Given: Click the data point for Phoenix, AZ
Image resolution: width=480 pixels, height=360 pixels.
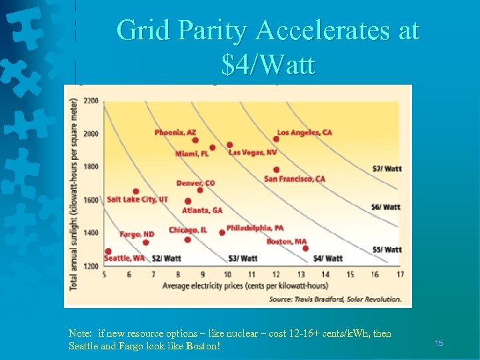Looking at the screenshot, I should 195,140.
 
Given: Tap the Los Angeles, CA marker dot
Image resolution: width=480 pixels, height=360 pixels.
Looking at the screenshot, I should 276,139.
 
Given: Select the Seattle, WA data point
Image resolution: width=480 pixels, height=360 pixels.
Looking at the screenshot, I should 108,251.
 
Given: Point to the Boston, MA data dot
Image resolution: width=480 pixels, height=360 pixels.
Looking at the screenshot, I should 305,248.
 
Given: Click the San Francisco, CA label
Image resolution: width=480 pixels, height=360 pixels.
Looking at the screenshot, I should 295,179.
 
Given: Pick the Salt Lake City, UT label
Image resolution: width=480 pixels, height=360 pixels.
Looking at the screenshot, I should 137,199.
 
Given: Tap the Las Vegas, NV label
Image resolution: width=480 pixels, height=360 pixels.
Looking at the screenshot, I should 253,153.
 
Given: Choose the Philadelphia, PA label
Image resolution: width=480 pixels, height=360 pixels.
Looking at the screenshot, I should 255,228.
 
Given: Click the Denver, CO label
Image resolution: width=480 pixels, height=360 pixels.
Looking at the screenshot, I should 195,183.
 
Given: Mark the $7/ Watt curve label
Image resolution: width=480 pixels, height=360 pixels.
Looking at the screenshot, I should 387,169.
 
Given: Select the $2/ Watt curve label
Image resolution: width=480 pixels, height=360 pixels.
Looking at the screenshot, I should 167,258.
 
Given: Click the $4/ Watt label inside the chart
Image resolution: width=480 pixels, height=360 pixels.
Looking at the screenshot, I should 328,258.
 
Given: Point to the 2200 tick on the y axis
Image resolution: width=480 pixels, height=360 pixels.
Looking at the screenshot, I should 91,101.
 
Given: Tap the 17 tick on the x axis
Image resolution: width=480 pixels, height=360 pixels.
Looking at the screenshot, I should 400,275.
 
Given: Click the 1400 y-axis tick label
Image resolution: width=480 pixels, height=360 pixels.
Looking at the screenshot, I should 91,233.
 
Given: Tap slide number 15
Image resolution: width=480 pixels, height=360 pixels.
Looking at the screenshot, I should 439,343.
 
